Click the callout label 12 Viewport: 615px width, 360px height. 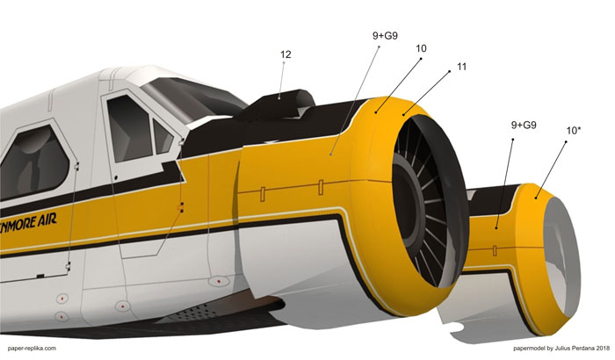286,54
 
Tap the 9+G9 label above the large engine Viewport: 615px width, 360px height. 385,36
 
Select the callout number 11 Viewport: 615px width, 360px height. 461,67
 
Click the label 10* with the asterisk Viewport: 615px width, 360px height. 574,131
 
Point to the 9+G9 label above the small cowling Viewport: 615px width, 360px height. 524,125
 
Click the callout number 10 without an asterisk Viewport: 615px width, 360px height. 421,48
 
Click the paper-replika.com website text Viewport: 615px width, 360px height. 32,349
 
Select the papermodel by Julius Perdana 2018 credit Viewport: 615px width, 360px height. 561,349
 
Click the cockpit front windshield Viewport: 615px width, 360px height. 194,99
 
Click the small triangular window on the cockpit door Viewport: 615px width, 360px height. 163,137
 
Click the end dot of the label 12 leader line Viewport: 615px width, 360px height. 279,98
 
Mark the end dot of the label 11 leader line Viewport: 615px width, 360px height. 402,115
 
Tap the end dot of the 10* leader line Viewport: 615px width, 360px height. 535,198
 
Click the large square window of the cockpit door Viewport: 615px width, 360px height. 129,127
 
